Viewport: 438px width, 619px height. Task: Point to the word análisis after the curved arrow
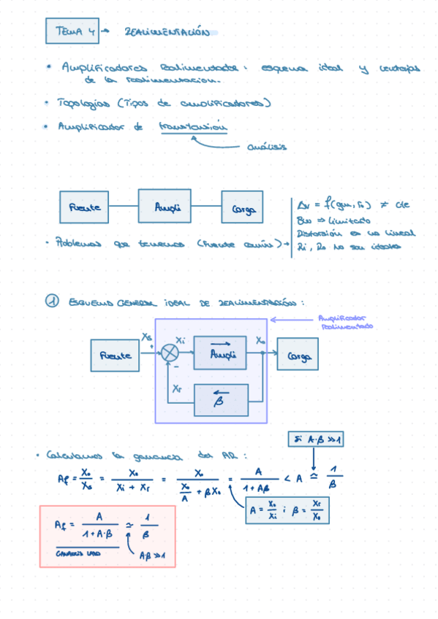[x=267, y=147]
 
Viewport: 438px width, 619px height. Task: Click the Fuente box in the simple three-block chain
[x=84, y=207]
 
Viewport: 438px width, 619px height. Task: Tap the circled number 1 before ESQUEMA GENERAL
[x=51, y=301]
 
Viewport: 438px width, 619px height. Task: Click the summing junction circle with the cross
[x=170, y=353]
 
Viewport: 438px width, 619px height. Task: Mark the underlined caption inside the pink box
[x=80, y=554]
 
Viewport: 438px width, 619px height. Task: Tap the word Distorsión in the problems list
[x=314, y=234]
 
